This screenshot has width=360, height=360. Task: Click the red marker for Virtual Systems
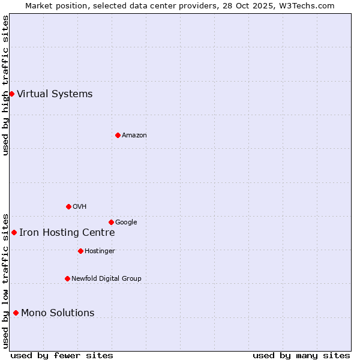[x=11, y=94]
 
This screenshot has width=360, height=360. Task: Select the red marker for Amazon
[x=118, y=135]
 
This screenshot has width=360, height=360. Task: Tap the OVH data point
[x=68, y=206]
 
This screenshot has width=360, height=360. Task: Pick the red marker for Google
[x=111, y=222]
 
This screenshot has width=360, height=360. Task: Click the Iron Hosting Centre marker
[x=14, y=232]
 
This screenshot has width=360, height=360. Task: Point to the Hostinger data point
[x=80, y=251]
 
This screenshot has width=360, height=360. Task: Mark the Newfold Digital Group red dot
[x=67, y=278]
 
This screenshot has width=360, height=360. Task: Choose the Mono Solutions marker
[x=16, y=313]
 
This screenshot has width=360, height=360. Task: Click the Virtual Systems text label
[x=55, y=94]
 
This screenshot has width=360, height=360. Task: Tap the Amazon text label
[x=134, y=136]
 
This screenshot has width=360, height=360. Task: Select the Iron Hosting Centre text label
[x=67, y=233]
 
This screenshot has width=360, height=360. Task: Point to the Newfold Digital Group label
[x=106, y=278]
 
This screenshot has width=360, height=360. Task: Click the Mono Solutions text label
[x=58, y=313]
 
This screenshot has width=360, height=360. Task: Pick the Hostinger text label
[x=100, y=251]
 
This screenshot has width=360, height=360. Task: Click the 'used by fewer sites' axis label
[x=62, y=355]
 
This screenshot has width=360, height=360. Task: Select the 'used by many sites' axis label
[x=301, y=355]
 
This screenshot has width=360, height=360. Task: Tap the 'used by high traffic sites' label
[x=5, y=85]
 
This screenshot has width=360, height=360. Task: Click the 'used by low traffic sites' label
[x=5, y=280]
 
